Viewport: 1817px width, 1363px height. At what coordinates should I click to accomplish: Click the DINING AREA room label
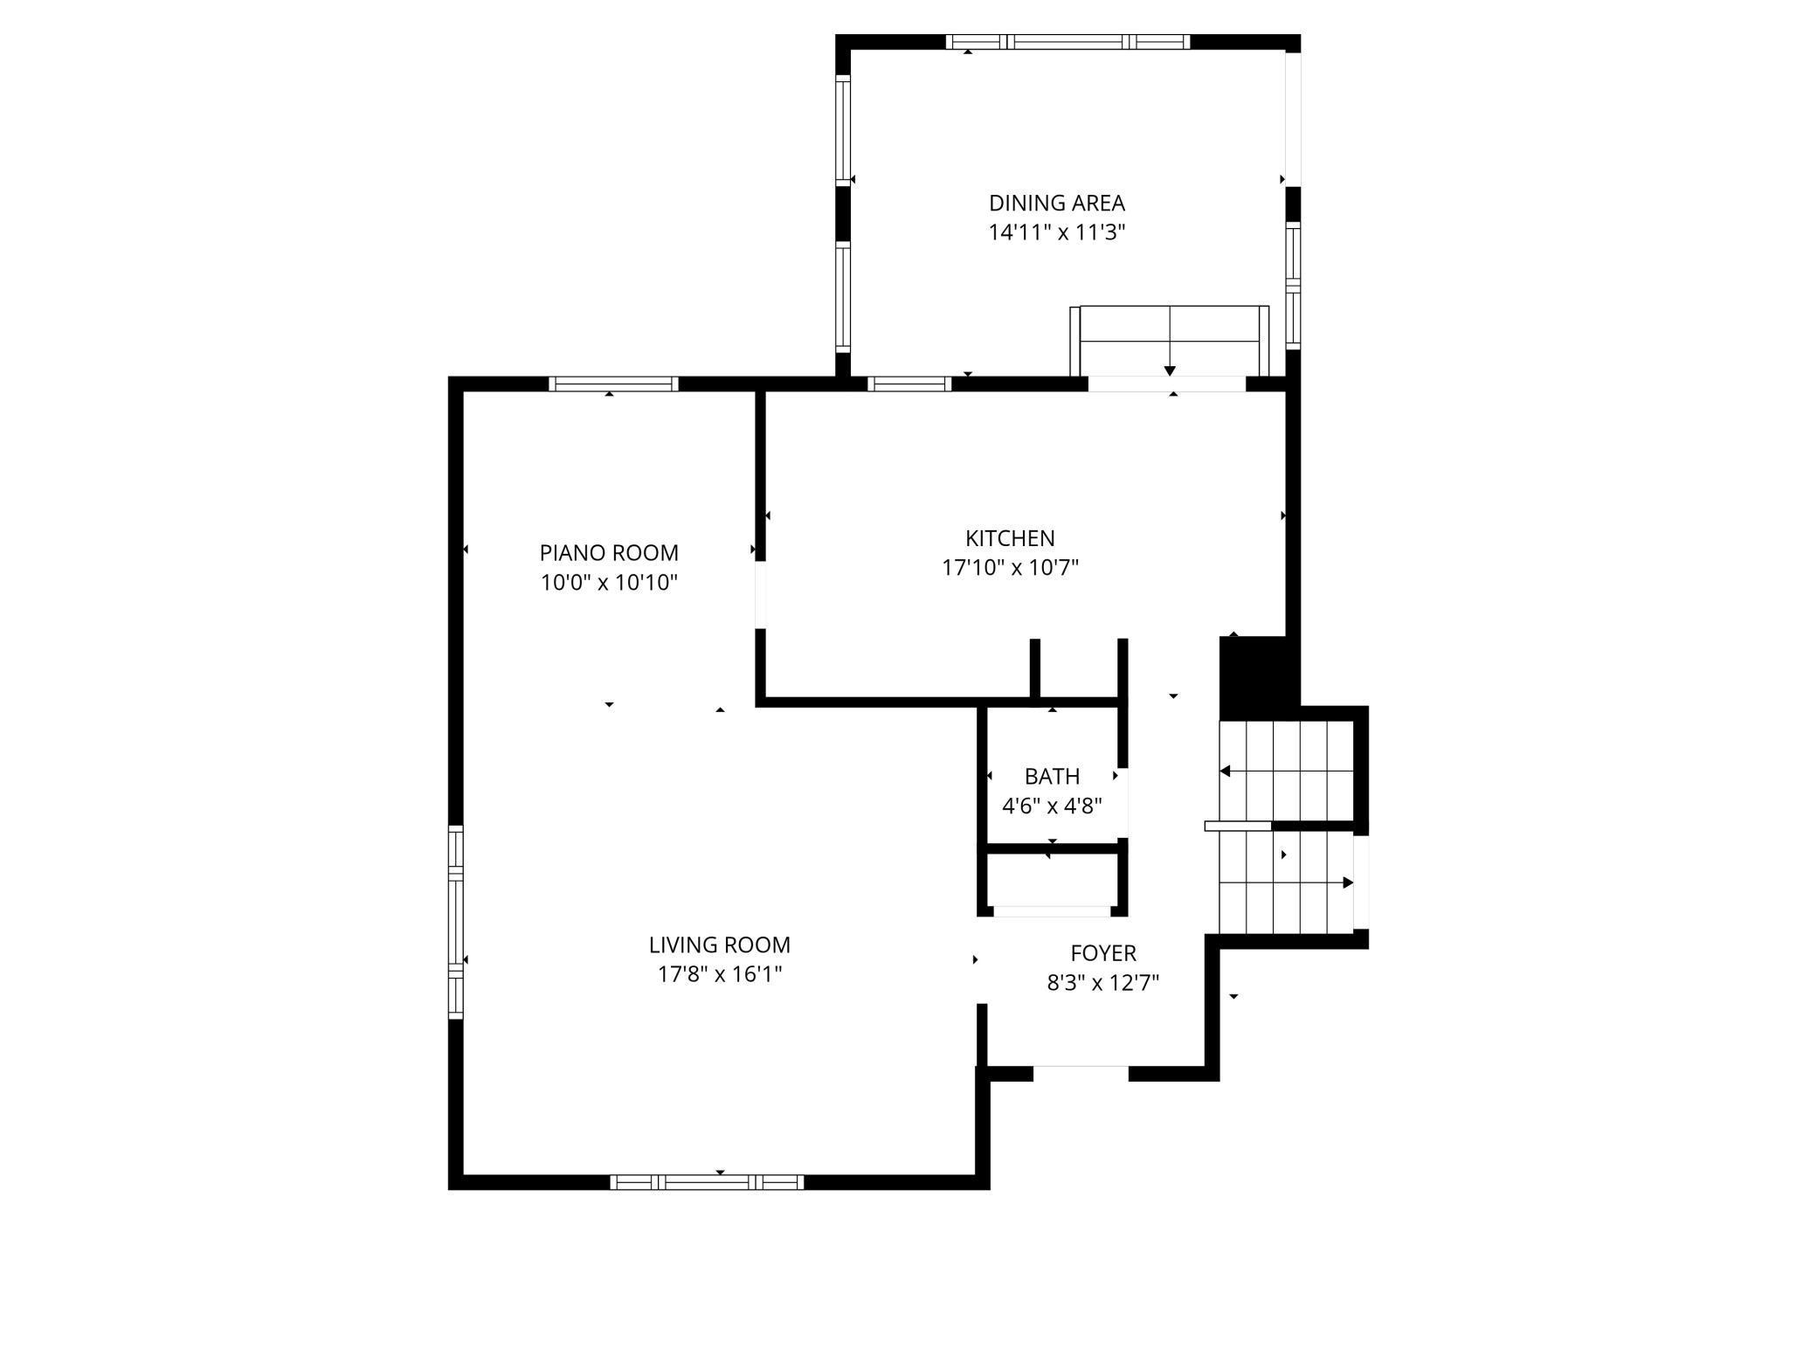tap(1056, 204)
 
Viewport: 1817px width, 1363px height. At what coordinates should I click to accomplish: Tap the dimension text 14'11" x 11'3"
tap(1056, 233)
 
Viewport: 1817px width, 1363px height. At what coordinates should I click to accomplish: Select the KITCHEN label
tap(1010, 538)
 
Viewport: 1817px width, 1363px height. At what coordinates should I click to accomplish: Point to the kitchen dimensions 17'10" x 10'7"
tap(1010, 568)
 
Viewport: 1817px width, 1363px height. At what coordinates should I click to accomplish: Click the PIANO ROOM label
tap(609, 553)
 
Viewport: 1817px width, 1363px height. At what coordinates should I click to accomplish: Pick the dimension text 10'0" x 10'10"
tap(609, 583)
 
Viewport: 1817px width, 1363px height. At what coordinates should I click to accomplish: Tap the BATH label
tap(1052, 776)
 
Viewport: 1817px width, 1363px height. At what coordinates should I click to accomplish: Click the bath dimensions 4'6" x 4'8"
tap(1052, 806)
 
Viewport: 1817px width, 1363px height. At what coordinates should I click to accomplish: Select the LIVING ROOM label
tap(719, 944)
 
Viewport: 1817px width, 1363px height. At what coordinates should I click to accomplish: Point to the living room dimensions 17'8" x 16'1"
tap(719, 974)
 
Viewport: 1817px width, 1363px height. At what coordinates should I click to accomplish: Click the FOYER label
tap(1103, 953)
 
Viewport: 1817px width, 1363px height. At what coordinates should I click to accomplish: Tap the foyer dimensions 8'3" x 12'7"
tap(1103, 983)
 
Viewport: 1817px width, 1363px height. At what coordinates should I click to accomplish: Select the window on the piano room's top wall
tap(613, 384)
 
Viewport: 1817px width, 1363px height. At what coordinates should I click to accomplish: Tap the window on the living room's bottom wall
tap(707, 1182)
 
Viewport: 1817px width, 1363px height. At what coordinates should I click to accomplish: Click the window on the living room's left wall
tap(455, 922)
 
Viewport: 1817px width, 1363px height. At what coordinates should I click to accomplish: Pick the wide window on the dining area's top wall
tap(1067, 41)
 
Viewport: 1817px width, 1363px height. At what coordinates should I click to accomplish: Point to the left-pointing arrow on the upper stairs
tap(1226, 771)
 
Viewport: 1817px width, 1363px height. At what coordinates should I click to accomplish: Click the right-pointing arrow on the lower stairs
tap(1347, 882)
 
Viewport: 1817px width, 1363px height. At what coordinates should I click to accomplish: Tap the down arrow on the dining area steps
tap(1170, 370)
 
